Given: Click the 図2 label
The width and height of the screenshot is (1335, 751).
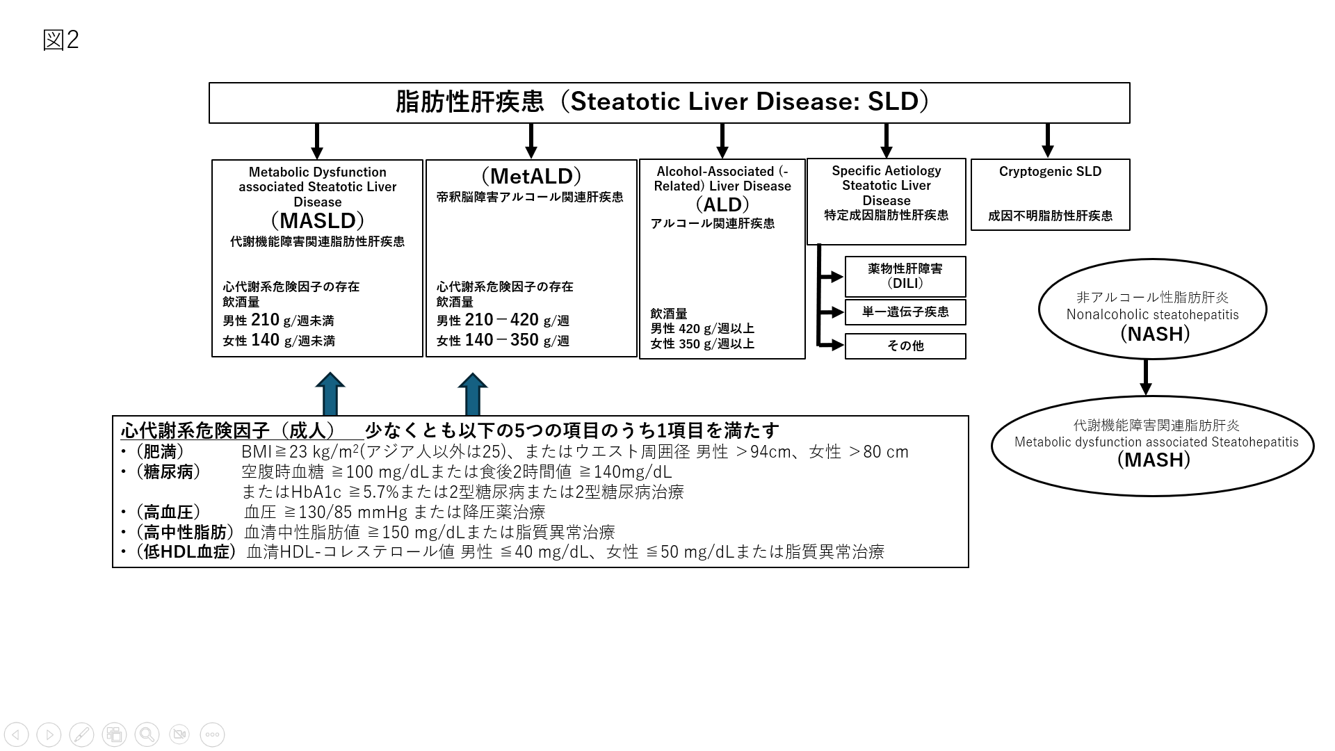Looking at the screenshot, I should pyautogui.click(x=60, y=40).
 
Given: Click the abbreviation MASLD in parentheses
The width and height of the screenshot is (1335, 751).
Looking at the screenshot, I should pyautogui.click(x=318, y=220).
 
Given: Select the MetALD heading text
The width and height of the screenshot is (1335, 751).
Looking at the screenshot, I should pyautogui.click(x=531, y=176).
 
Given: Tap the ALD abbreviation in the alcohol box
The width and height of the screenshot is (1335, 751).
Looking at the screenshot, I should pyautogui.click(x=722, y=204).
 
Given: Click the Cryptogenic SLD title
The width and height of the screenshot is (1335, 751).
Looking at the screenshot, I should pyautogui.click(x=1050, y=171).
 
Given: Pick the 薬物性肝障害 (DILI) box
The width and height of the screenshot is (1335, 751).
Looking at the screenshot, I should pyautogui.click(x=905, y=276).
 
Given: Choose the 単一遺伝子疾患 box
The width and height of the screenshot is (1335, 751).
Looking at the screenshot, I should pyautogui.click(x=905, y=312).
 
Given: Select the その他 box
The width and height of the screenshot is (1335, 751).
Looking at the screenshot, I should pyautogui.click(x=905, y=346).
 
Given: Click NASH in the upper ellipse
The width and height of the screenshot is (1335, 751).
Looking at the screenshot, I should pyautogui.click(x=1155, y=334).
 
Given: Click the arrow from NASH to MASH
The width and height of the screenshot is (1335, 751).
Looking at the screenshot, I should pyautogui.click(x=1146, y=378).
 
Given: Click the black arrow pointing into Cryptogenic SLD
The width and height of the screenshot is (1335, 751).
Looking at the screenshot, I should pyautogui.click(x=1048, y=141).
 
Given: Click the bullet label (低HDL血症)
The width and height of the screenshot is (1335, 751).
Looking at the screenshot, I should pyautogui.click(x=186, y=552).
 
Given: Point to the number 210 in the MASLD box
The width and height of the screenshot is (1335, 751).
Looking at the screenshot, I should pyautogui.click(x=265, y=320).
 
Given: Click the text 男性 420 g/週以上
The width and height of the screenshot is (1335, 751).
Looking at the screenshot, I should pyautogui.click(x=702, y=329).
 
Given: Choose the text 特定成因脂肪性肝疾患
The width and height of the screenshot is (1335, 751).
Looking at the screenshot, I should pyautogui.click(x=887, y=216).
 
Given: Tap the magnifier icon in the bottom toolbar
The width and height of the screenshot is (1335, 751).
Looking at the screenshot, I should pyautogui.click(x=147, y=734).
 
